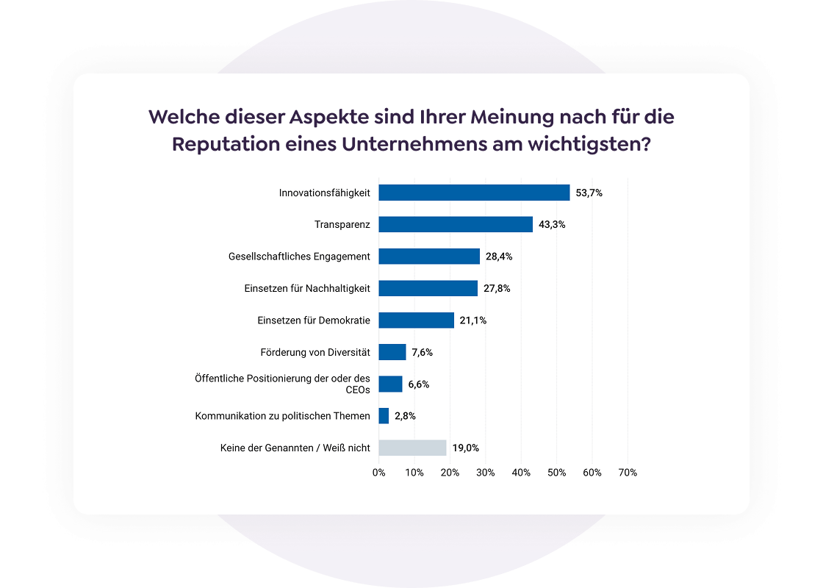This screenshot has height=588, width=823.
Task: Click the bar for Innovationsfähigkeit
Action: pos(474,193)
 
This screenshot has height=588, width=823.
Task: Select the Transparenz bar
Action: pos(456,224)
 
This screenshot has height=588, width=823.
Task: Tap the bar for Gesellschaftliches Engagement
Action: pos(429,257)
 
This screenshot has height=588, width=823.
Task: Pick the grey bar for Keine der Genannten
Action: pos(412,448)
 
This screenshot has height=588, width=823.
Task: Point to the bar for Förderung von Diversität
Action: pos(392,352)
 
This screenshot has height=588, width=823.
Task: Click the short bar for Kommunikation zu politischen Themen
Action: pos(384,416)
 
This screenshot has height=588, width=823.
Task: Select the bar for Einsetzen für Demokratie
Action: pos(416,320)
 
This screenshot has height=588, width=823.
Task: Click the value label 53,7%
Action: pos(589,193)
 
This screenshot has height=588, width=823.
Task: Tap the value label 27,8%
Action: pos(497,288)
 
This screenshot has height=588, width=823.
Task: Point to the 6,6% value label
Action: pos(419,384)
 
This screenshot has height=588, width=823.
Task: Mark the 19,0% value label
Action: pos(466,448)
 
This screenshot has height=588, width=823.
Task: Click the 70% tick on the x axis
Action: pos(628,473)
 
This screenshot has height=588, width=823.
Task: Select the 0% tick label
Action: pos(378,473)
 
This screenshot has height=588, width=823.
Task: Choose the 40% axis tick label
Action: pos(521,473)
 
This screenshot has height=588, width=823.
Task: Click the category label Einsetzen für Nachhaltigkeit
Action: pos(307,288)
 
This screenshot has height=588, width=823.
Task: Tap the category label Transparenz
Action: pos(342,224)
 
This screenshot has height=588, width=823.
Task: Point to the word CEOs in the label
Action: pos(358,390)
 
